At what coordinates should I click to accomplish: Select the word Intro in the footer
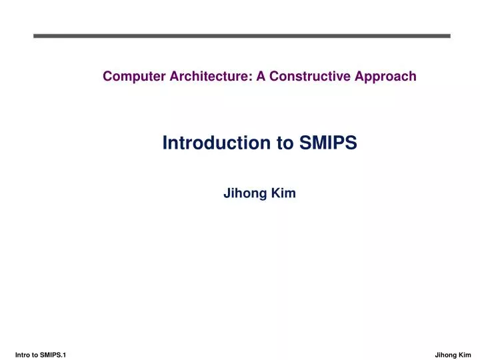pyautogui.click(x=22, y=355)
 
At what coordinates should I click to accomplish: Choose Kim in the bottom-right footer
pyautogui.click(x=465, y=355)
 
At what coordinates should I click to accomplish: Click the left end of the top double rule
pyautogui.click(x=35, y=36)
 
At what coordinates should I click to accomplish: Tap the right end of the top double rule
pyautogui.click(x=450, y=36)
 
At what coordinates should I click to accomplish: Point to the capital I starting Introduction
pyautogui.click(x=165, y=143)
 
